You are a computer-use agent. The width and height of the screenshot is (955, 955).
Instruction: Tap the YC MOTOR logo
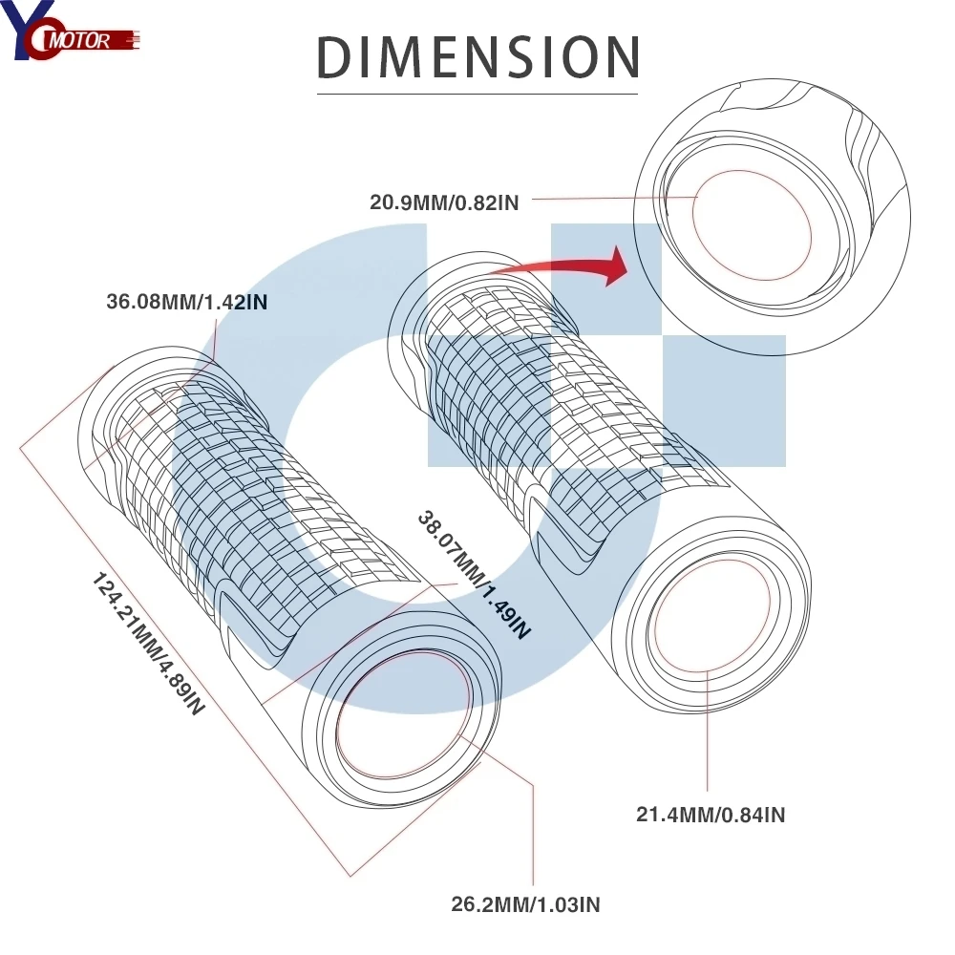(70, 31)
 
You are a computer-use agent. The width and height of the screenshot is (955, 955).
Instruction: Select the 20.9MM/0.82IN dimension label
(444, 202)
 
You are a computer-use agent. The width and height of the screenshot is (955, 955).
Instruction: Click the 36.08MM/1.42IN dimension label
(187, 302)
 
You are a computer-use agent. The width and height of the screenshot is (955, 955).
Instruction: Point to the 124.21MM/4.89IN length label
(148, 644)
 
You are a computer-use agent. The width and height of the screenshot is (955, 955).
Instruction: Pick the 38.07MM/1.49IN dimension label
(474, 575)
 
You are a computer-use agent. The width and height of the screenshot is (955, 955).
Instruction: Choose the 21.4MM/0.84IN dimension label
(711, 815)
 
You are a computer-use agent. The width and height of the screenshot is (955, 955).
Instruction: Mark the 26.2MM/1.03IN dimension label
(525, 904)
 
